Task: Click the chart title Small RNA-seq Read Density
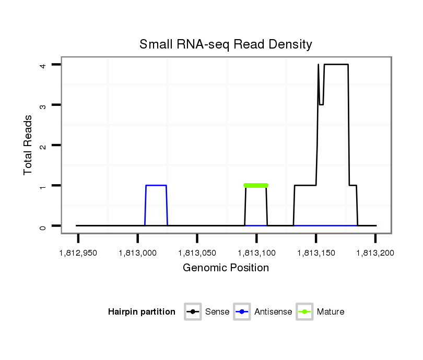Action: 226,44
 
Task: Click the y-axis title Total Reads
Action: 28,145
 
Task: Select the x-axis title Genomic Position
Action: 226,268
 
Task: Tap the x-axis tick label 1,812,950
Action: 78,253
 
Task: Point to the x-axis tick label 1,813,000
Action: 137,253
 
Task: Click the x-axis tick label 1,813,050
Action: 197,253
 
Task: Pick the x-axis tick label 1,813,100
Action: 256,253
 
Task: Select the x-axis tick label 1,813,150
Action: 316,253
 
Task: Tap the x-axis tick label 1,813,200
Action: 375,253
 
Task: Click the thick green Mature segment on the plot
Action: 256,185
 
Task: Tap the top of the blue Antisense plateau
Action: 156,185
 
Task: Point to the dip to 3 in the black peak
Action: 322,104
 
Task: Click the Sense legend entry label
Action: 217,312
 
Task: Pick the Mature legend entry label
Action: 331,312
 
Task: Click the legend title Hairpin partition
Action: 142,312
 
